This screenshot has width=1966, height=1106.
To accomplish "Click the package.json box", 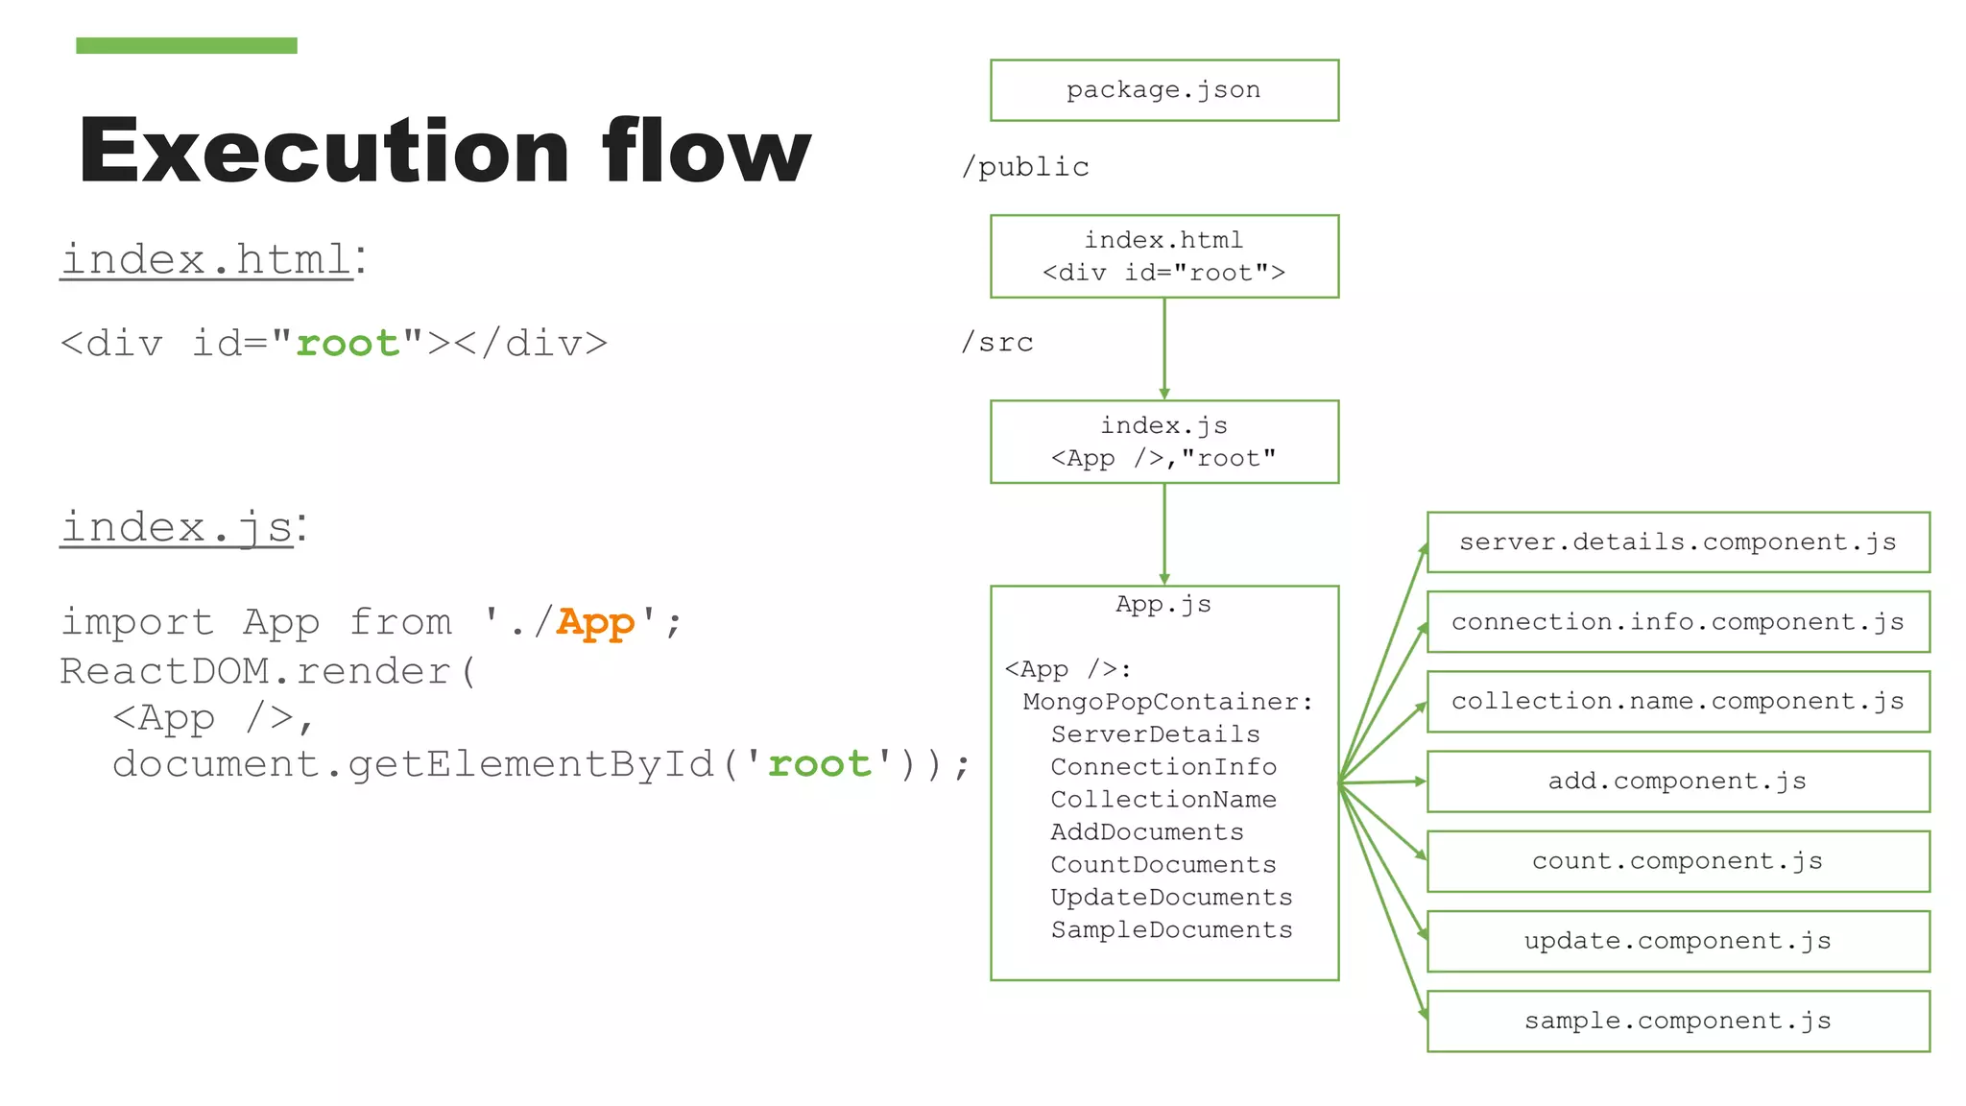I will (x=1163, y=90).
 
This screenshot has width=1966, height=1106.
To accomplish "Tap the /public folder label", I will (x=1025, y=167).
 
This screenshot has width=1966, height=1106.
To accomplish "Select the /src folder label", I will (x=997, y=343).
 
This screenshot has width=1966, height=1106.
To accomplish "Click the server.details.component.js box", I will (x=1677, y=542).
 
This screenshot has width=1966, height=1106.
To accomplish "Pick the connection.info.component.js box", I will (x=1677, y=622).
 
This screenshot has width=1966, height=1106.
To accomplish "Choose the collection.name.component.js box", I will (x=1677, y=702).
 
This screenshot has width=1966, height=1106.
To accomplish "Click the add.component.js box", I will (x=1677, y=781).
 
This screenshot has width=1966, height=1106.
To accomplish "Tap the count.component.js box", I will (x=1677, y=861).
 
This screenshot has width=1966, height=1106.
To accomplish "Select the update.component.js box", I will (x=1677, y=941).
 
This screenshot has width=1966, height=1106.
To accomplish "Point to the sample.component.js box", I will (x=1677, y=1021).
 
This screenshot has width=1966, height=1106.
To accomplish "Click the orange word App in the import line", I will (x=595, y=623).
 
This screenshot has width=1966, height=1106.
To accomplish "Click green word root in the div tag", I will (x=348, y=344).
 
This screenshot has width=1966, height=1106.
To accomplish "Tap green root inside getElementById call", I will (x=819, y=764).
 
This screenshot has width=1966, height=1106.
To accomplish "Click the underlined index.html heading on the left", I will (x=207, y=260).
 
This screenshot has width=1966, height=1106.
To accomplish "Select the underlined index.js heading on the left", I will (x=178, y=527).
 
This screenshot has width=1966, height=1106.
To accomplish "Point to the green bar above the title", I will (x=186, y=45).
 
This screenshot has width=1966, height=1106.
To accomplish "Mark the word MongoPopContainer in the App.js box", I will (x=1166, y=702).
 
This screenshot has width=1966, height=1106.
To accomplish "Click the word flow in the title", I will (x=706, y=152).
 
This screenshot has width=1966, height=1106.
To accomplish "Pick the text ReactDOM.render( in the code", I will (x=268, y=671).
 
